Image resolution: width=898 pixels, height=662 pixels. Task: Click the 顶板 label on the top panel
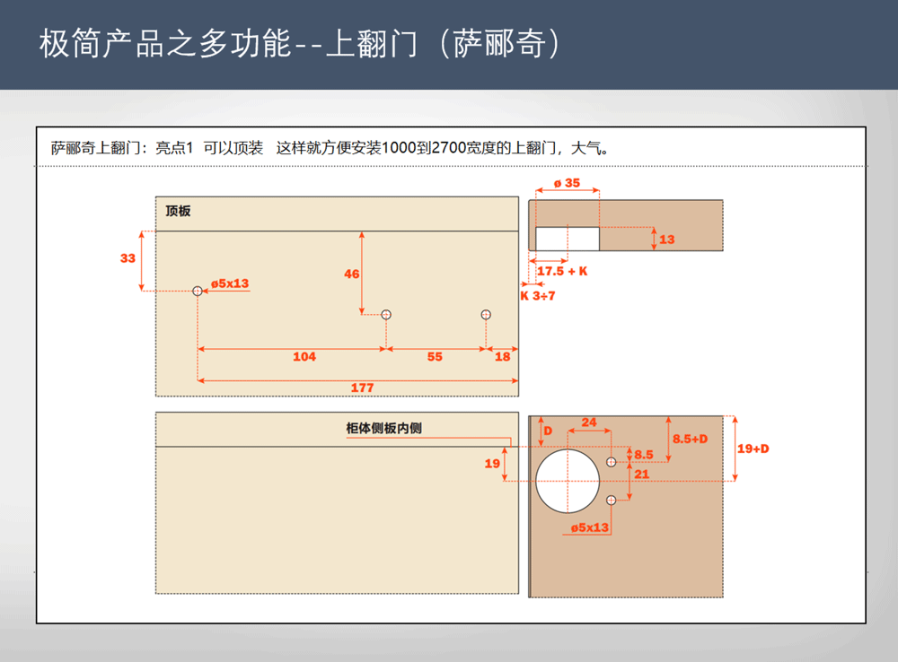pyautogui.click(x=178, y=211)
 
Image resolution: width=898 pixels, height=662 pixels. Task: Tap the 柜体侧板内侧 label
pyautogui.click(x=383, y=428)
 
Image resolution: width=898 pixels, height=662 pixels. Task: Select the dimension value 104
pyautogui.click(x=304, y=356)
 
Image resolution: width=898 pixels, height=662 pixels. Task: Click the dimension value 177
pyautogui.click(x=362, y=388)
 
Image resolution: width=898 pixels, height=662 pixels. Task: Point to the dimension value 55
pyautogui.click(x=435, y=356)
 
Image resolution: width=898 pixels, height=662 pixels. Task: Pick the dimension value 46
pyautogui.click(x=352, y=274)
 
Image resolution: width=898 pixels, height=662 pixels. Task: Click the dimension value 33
pyautogui.click(x=128, y=258)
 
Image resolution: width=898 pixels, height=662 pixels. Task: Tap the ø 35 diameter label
pyautogui.click(x=567, y=183)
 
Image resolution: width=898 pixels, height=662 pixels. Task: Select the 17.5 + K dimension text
pyautogui.click(x=562, y=271)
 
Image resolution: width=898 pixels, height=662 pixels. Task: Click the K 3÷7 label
pyautogui.click(x=538, y=296)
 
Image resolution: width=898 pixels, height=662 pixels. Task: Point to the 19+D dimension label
pyautogui.click(x=753, y=449)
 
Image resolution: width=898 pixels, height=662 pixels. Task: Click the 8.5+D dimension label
pyautogui.click(x=690, y=439)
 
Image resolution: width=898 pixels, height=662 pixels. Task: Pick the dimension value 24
pyautogui.click(x=589, y=422)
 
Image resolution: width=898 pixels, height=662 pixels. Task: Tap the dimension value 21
pyautogui.click(x=641, y=475)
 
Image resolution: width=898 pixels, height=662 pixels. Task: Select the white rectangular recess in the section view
pyautogui.click(x=568, y=239)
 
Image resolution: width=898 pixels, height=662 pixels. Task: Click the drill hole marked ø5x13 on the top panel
pyautogui.click(x=198, y=292)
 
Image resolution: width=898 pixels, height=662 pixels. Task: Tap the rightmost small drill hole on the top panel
pyautogui.click(x=486, y=315)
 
